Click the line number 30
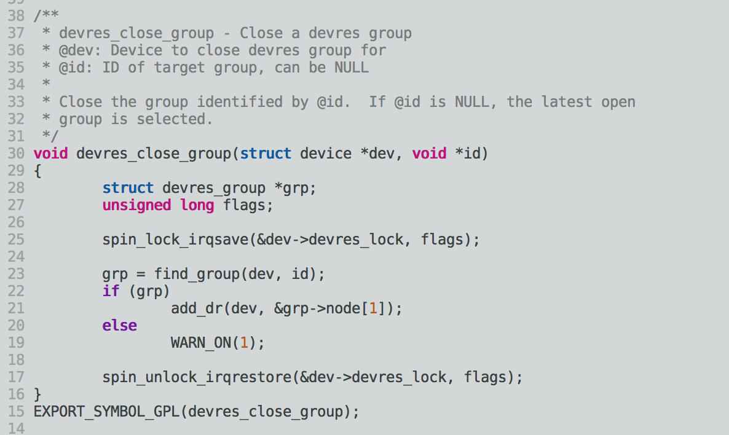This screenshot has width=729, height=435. pyautogui.click(x=17, y=153)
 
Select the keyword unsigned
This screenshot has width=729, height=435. pyautogui.click(x=136, y=205)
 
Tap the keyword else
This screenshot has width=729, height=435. pyautogui.click(x=119, y=325)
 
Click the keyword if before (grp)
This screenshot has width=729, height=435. pyautogui.click(x=111, y=291)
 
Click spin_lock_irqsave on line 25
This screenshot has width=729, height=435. pyautogui.click(x=175, y=239)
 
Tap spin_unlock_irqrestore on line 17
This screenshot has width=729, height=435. pyautogui.click(x=197, y=377)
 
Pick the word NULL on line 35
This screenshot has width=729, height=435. pyautogui.click(x=351, y=67)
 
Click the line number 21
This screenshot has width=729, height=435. pyautogui.click(x=17, y=308)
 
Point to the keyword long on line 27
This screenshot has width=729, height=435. pyautogui.click(x=197, y=205)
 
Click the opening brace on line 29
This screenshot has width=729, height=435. pyautogui.click(x=37, y=170)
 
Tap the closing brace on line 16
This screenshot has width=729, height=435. pyautogui.click(x=37, y=394)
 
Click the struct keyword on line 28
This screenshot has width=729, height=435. pyautogui.click(x=128, y=187)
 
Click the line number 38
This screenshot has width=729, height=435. pyautogui.click(x=17, y=15)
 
